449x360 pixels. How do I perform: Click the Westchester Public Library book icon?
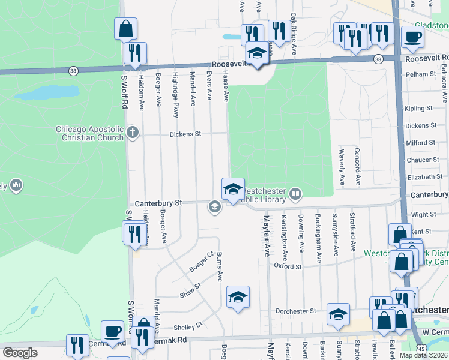295,193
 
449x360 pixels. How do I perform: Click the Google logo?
20,352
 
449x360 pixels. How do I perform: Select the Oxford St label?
288,266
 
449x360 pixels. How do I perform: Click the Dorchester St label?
295,311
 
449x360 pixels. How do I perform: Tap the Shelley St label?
184,327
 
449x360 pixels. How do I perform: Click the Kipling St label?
418,109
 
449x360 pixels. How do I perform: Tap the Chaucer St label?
423,160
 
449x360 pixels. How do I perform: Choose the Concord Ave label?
357,166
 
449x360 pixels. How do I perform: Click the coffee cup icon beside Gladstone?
412,37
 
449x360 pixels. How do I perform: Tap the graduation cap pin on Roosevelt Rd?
257,54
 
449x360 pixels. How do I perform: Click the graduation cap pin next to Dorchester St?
338,314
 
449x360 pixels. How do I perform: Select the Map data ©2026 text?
423,355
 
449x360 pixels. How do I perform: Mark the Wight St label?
424,214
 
